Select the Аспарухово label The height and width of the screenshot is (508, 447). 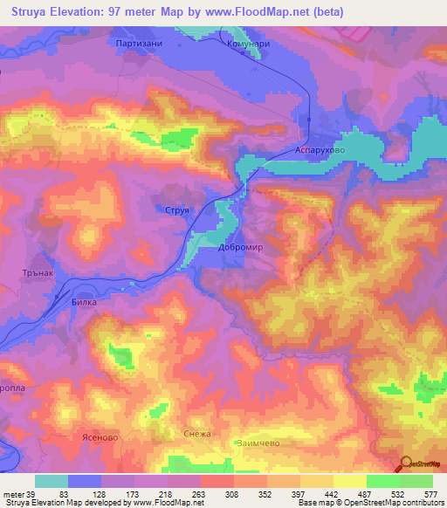[x=322, y=150]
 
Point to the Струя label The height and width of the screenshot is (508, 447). [x=178, y=210]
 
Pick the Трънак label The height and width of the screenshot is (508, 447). [x=38, y=271]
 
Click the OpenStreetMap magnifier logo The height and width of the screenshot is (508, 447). [x=405, y=464]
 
